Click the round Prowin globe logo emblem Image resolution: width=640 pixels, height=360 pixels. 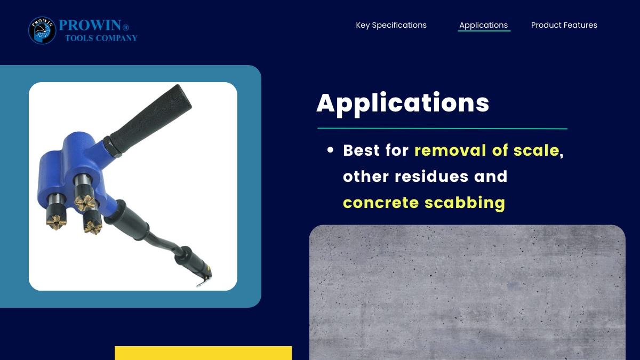click(42, 30)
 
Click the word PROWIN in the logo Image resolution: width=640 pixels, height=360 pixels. click(90, 25)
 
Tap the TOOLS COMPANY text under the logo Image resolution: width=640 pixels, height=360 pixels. click(101, 38)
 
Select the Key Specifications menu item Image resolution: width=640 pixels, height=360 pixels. click(391, 25)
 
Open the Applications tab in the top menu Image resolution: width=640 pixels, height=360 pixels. click(483, 25)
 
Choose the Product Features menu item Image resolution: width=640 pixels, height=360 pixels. click(564, 25)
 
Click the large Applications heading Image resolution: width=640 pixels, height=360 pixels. click(403, 103)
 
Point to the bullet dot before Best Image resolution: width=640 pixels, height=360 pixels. click(330, 150)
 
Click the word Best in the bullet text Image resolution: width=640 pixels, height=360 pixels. click(361, 150)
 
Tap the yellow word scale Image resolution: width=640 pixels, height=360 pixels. click(537, 150)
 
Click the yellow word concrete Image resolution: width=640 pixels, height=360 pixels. click(381, 203)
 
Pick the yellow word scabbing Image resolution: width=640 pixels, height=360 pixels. click(465, 203)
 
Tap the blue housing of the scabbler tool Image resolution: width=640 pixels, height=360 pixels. click(76, 171)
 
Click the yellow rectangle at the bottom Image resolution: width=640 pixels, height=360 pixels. click(203, 353)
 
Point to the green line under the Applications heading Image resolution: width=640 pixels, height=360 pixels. click(442, 129)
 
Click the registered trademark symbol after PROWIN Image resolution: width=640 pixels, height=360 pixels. click(126, 28)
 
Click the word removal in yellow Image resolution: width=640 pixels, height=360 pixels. click(450, 150)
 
